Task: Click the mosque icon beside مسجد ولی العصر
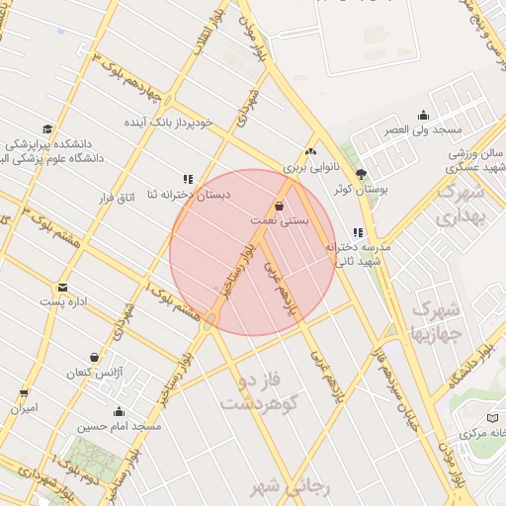(424, 115)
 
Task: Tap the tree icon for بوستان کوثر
(361, 172)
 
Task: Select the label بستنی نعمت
(280, 220)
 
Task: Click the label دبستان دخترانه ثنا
(188, 196)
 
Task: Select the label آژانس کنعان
(92, 374)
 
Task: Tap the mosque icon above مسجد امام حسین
(120, 412)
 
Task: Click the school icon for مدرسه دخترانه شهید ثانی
(358, 233)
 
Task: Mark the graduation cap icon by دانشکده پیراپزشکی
(47, 129)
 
